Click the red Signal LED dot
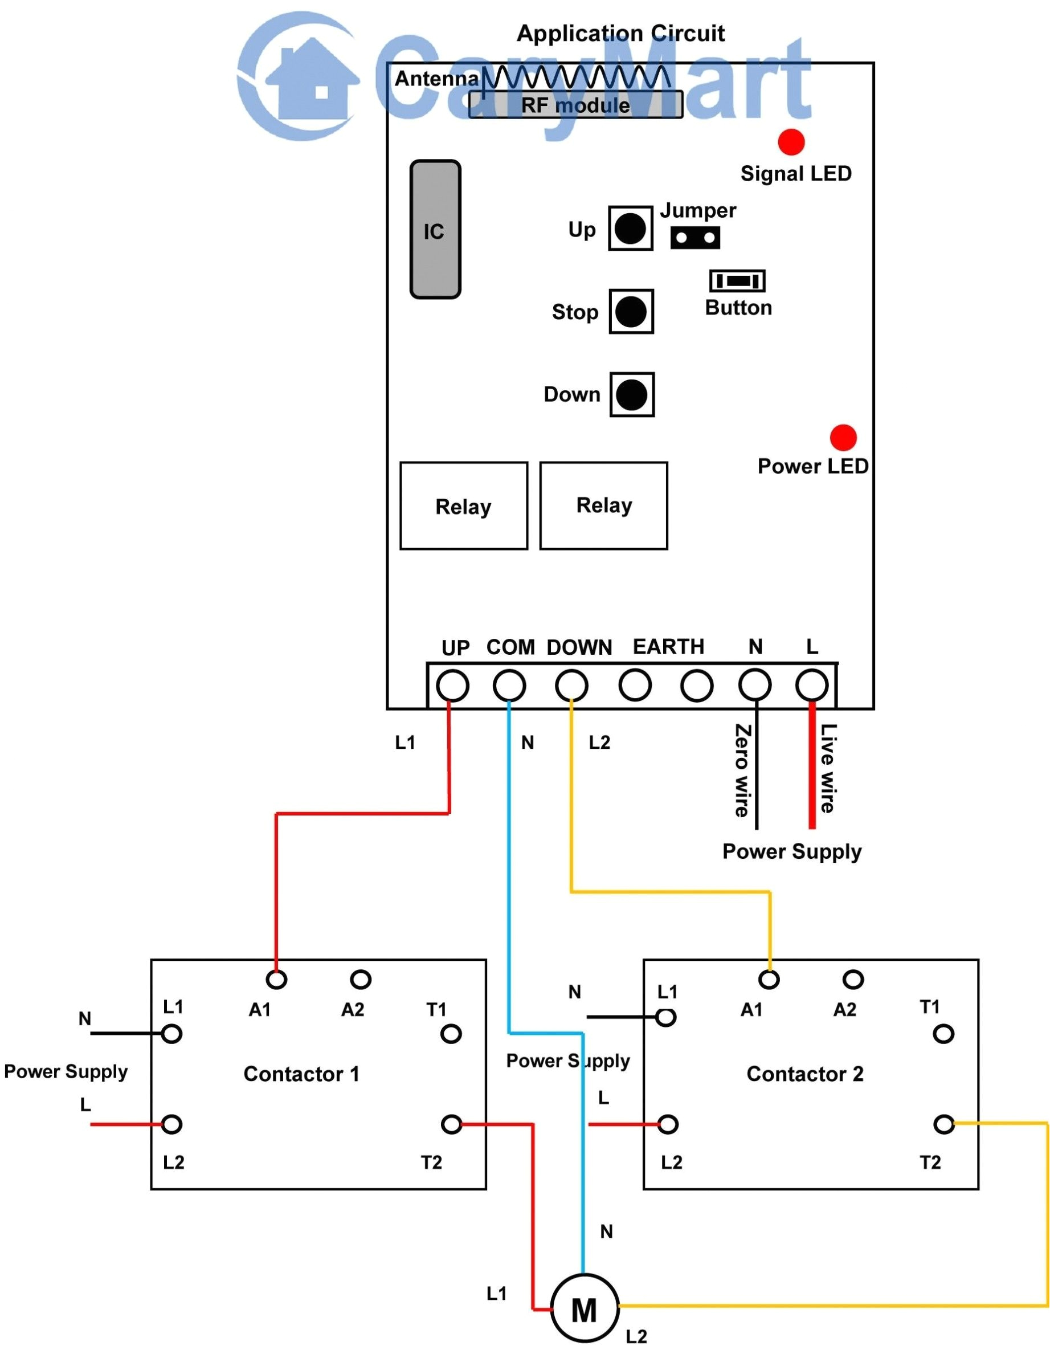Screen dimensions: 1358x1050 point(791,142)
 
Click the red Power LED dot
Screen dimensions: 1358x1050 point(843,438)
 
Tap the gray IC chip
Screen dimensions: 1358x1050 point(435,230)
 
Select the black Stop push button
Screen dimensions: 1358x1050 point(630,312)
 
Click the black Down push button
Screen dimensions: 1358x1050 point(632,395)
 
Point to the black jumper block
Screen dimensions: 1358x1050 point(695,238)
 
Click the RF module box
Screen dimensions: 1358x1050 point(575,105)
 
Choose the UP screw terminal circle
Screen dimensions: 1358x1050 point(452,686)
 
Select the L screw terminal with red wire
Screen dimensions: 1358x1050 point(811,685)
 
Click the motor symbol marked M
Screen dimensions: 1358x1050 point(585,1310)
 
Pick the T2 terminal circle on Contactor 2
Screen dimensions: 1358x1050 point(943,1124)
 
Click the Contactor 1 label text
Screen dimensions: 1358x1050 point(301,1074)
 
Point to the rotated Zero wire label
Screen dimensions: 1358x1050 point(742,770)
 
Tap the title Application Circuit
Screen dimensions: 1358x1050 point(620,33)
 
